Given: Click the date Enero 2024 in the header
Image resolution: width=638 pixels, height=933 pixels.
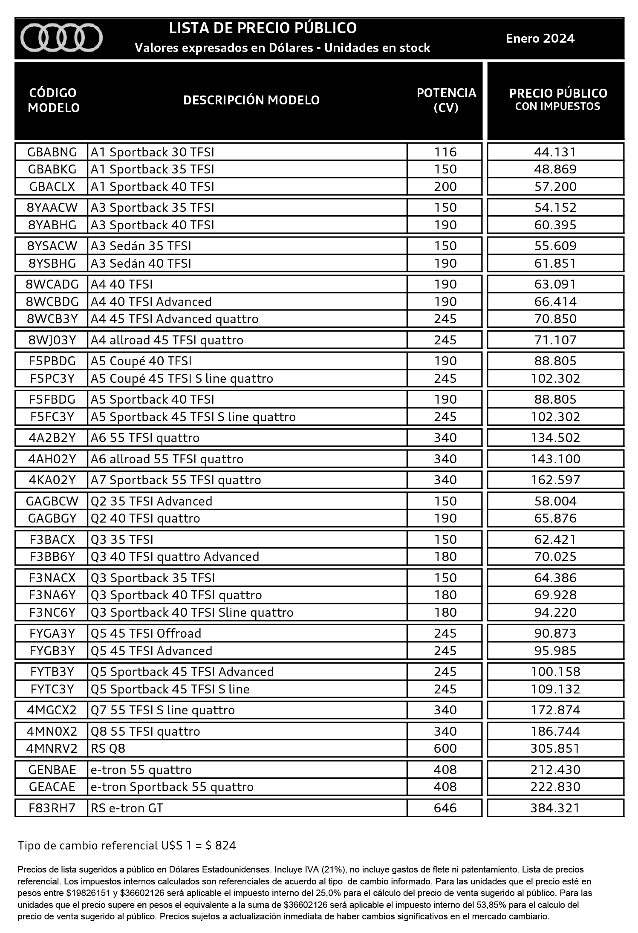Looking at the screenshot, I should (x=540, y=38).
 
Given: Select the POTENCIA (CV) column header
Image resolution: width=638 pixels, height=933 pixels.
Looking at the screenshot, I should (x=446, y=100).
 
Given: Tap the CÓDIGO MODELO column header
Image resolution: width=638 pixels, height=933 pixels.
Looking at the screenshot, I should (x=53, y=100).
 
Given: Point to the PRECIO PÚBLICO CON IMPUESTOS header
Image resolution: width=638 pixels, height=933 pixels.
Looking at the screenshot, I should (x=558, y=99).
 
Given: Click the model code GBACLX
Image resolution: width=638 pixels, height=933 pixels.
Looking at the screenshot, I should (x=52, y=187).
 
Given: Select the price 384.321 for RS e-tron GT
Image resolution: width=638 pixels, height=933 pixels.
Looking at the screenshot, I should (x=555, y=808).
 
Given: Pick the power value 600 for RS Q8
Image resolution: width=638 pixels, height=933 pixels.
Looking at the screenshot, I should (x=445, y=748).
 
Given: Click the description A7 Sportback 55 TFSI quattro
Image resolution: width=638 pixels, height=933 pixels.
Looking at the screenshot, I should (x=176, y=480).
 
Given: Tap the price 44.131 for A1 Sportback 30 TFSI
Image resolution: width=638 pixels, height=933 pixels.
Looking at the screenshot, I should (x=555, y=152).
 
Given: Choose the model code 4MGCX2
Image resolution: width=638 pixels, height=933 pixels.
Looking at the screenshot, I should (x=52, y=710).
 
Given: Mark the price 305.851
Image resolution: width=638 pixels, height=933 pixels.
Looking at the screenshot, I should (x=555, y=748).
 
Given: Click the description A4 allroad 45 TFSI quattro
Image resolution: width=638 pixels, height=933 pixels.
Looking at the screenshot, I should (x=167, y=340).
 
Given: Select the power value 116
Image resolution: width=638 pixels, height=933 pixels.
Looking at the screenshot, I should (x=445, y=152).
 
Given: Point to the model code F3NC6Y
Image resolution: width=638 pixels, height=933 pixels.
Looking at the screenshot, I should (x=52, y=612).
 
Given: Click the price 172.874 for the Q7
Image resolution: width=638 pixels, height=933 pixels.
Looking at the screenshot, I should (x=555, y=710).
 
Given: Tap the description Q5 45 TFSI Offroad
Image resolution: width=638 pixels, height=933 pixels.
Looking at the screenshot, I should (x=146, y=633).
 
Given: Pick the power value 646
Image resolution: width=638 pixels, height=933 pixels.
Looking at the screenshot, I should (x=445, y=808).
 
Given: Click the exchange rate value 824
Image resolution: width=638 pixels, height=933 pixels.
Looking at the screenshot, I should (x=225, y=846).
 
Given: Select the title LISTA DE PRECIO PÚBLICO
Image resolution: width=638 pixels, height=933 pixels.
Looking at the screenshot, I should (x=263, y=28).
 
